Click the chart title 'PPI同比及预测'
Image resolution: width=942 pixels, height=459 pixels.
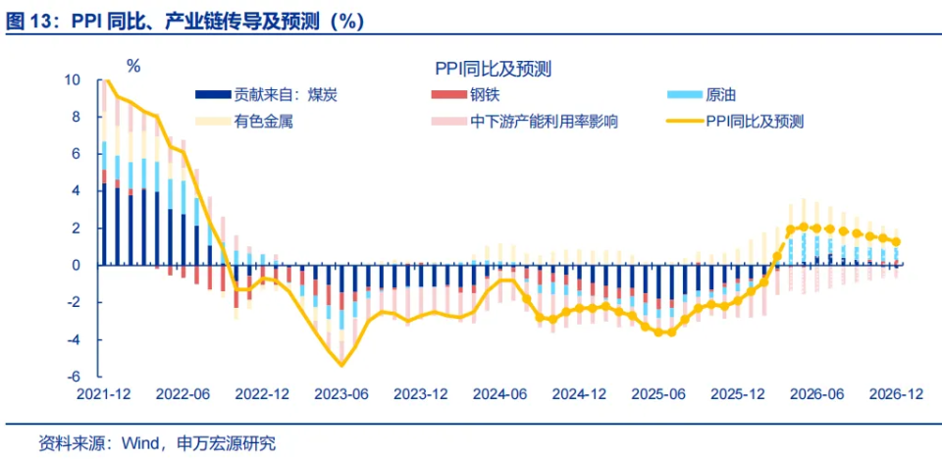[x=493, y=69]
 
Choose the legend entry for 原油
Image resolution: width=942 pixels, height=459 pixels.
[x=720, y=95]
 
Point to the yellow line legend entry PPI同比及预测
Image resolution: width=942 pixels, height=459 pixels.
[x=755, y=122]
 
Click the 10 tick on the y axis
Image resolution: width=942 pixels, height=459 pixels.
[x=74, y=80]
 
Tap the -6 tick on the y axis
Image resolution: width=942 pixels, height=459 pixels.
[x=72, y=377]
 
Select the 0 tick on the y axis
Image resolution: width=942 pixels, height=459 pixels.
[x=77, y=265]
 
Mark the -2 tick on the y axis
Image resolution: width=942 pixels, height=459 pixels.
[x=72, y=302]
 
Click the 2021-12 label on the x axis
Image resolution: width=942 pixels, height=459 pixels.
[x=105, y=394]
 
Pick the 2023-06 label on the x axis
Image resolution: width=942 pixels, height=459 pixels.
[x=340, y=394]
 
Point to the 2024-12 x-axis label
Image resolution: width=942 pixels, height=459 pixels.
[x=579, y=394]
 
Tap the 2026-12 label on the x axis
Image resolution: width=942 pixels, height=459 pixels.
[x=895, y=394]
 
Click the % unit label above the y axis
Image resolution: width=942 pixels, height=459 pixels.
[x=133, y=67]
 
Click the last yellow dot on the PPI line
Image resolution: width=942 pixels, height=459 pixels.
[x=895, y=241]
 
